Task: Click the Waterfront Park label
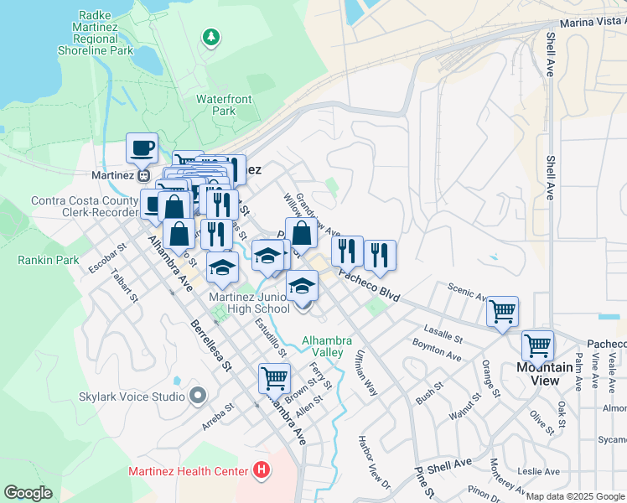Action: (x=224, y=105)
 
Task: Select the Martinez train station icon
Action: (x=143, y=176)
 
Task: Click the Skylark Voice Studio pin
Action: (x=198, y=395)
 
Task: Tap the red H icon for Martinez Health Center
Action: (x=262, y=470)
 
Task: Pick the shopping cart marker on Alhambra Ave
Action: (x=274, y=378)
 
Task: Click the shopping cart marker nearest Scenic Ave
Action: (x=502, y=312)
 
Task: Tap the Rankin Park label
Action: (x=49, y=260)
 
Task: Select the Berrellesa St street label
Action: (x=210, y=344)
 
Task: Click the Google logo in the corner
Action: (x=28, y=493)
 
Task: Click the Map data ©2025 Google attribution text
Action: (x=575, y=496)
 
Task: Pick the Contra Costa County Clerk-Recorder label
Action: (x=84, y=206)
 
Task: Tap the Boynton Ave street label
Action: (x=437, y=350)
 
